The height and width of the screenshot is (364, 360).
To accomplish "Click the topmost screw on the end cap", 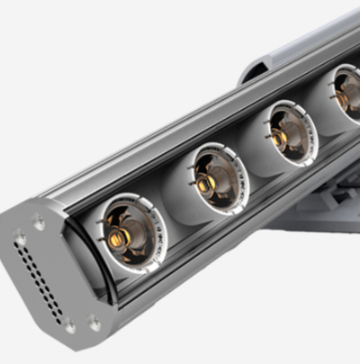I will (38, 220).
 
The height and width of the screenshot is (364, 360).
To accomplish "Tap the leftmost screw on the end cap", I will (19, 240).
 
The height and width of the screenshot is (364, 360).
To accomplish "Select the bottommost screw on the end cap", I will (69, 326).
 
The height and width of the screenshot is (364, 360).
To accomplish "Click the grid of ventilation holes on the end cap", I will (40, 279).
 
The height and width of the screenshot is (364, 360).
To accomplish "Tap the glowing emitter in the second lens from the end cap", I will (206, 184).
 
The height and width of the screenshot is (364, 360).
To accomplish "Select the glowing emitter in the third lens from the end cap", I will (280, 138).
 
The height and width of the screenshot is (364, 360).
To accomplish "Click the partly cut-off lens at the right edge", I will (347, 93).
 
